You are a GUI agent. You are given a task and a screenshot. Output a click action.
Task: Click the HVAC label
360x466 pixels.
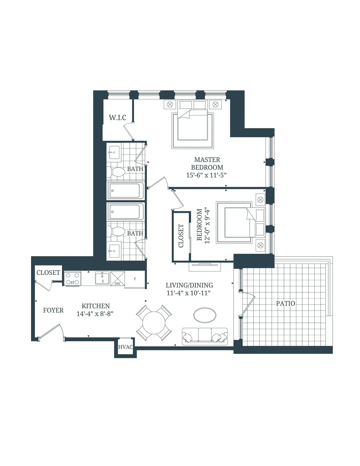(125, 347)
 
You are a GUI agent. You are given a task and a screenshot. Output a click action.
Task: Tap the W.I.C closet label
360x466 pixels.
(117, 117)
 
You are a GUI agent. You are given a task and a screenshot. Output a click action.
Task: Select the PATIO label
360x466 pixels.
(285, 304)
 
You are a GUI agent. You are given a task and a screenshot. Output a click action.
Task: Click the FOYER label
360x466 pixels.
(53, 310)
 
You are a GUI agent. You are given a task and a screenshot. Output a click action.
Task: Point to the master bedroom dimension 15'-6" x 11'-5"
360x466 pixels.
(206, 175)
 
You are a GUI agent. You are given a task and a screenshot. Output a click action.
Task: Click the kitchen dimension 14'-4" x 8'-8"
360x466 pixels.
(95, 314)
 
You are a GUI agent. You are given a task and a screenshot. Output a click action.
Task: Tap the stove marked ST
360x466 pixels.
(73, 279)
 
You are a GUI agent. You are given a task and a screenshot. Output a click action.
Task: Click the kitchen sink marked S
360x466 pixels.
(102, 278)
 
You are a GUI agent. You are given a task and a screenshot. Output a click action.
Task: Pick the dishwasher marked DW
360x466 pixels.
(118, 279)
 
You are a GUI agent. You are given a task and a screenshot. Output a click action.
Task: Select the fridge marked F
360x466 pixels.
(135, 280)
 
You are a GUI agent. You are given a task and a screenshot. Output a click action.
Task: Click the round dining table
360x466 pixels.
(154, 323)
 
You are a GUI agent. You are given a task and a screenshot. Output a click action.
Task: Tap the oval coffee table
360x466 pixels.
(205, 315)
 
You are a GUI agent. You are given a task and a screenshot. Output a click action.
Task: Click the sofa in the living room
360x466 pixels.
(205, 337)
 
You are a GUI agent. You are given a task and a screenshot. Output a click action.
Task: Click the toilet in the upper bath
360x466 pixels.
(118, 172)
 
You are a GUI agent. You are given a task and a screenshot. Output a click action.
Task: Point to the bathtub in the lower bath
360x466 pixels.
(126, 212)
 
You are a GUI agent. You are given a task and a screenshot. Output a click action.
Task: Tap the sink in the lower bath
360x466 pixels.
(114, 251)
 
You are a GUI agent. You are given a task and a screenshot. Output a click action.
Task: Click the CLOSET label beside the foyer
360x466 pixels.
(48, 273)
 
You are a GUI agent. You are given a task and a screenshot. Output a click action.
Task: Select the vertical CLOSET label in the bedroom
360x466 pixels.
(181, 236)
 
